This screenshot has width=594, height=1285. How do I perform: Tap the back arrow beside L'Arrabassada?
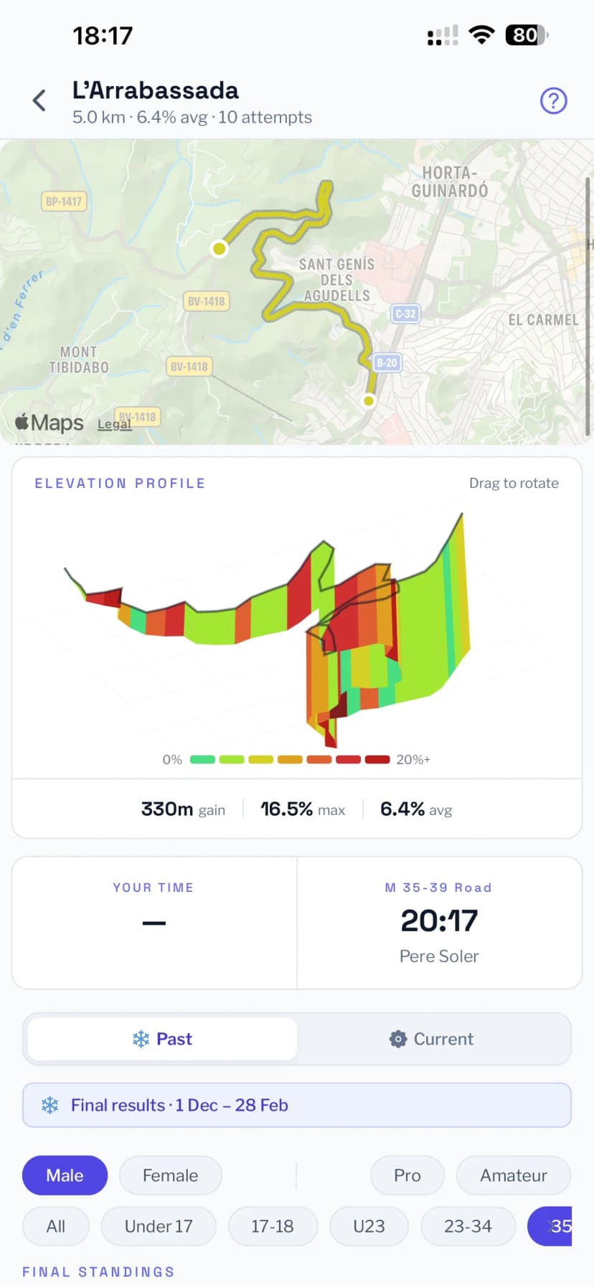[39, 100]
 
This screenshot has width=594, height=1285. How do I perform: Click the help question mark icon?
[553, 100]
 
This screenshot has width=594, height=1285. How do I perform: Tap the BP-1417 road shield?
[64, 202]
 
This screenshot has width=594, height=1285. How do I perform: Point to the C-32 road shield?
[405, 314]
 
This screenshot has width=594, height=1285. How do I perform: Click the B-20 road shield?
[387, 362]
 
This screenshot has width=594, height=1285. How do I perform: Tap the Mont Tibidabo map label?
[78, 359]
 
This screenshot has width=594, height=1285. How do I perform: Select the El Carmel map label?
[543, 320]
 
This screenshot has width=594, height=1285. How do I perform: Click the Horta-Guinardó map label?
[450, 182]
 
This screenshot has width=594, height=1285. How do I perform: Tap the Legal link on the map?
[114, 424]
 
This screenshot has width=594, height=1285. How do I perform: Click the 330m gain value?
[183, 809]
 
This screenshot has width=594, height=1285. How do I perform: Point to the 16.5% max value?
[302, 809]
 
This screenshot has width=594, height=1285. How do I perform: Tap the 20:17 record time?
[439, 921]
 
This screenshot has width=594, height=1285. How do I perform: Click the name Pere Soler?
[439, 956]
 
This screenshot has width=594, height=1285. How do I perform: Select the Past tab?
[162, 1039]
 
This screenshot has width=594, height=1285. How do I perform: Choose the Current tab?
[432, 1039]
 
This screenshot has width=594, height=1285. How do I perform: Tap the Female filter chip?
[170, 1175]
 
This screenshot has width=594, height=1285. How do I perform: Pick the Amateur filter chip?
[514, 1175]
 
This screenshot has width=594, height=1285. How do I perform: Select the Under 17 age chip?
[159, 1226]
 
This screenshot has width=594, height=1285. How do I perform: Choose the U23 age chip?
[369, 1226]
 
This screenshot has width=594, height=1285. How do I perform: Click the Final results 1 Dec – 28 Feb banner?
[297, 1105]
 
